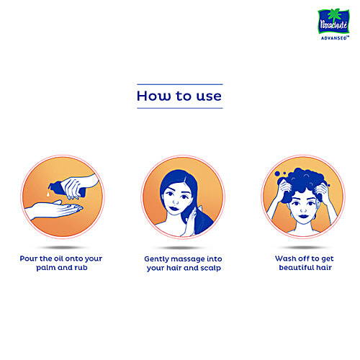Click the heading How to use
click(179, 95)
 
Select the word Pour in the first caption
click(30, 257)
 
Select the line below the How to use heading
click(179, 108)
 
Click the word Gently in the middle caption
click(156, 258)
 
